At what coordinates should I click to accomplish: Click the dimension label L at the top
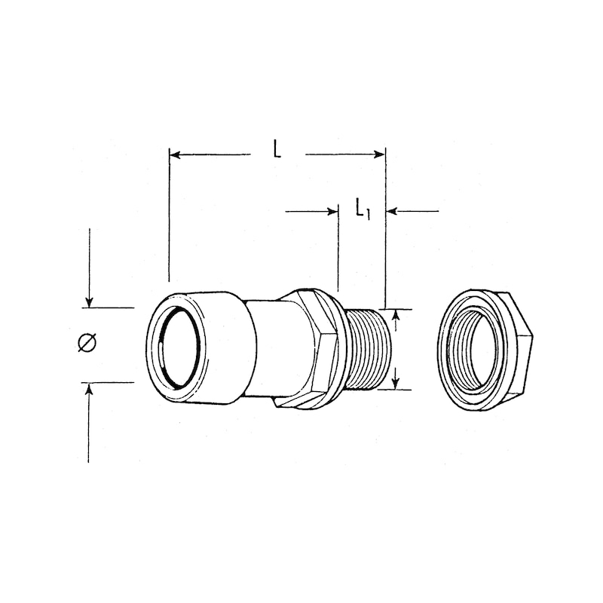tap(277, 150)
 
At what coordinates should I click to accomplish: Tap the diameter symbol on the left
tap(87, 343)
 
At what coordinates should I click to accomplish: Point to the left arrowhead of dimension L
tap(175, 155)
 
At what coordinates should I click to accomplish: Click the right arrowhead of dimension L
tap(380, 155)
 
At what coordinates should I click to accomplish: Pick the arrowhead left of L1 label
tap(332, 211)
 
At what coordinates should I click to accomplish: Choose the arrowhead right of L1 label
tap(391, 211)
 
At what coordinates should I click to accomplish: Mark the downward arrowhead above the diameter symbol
tap(89, 302)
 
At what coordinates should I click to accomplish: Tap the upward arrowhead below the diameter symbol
tap(89, 387)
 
